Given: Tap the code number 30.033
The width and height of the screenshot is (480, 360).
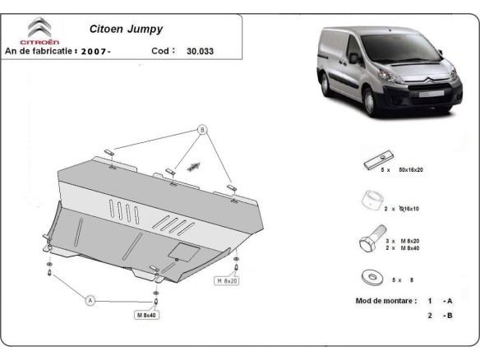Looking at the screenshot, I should (201, 50).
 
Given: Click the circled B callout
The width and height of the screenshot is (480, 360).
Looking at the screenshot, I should (201, 130).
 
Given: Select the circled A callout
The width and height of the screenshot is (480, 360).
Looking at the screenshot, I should (90, 301).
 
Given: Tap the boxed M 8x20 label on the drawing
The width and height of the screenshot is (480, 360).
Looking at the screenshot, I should (228, 280).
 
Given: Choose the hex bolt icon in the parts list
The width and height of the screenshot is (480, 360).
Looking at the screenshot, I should (369, 242).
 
